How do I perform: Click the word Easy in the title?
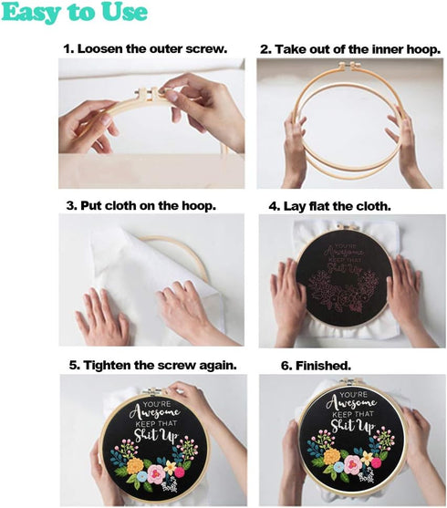[31, 13]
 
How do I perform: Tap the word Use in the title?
[124, 12]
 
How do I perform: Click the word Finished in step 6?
[323, 366]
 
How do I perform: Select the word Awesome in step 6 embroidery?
[351, 403]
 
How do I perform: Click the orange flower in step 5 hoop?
[135, 466]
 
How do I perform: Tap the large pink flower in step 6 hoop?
[353, 463]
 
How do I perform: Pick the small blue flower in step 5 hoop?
[142, 476]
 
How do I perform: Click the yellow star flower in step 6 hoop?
[367, 458]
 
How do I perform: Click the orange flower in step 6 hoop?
[331, 457]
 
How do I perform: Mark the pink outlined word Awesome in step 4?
[345, 253]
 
